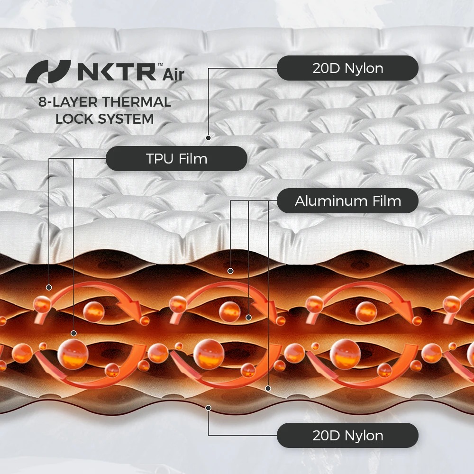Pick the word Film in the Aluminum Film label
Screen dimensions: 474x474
pyautogui.click(x=387, y=201)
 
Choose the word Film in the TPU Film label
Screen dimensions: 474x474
pyautogui.click(x=193, y=159)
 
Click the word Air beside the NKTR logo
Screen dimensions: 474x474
pyautogui.click(x=173, y=75)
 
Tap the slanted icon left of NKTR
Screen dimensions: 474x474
pyautogui.click(x=48, y=72)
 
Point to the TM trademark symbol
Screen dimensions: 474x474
pyautogui.click(x=160, y=64)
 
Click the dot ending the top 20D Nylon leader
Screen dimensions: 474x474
pyautogui.click(x=208, y=138)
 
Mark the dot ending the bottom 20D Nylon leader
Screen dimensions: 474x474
pyautogui.click(x=208, y=408)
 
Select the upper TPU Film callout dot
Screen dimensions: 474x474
pyautogui.click(x=49, y=287)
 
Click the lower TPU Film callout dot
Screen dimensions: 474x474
pyautogui.click(x=73, y=333)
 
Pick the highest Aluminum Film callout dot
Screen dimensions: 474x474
pyautogui.click(x=230, y=271)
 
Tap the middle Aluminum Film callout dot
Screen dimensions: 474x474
pyautogui.click(x=248, y=318)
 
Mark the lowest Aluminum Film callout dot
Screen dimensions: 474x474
pyautogui.click(x=268, y=389)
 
